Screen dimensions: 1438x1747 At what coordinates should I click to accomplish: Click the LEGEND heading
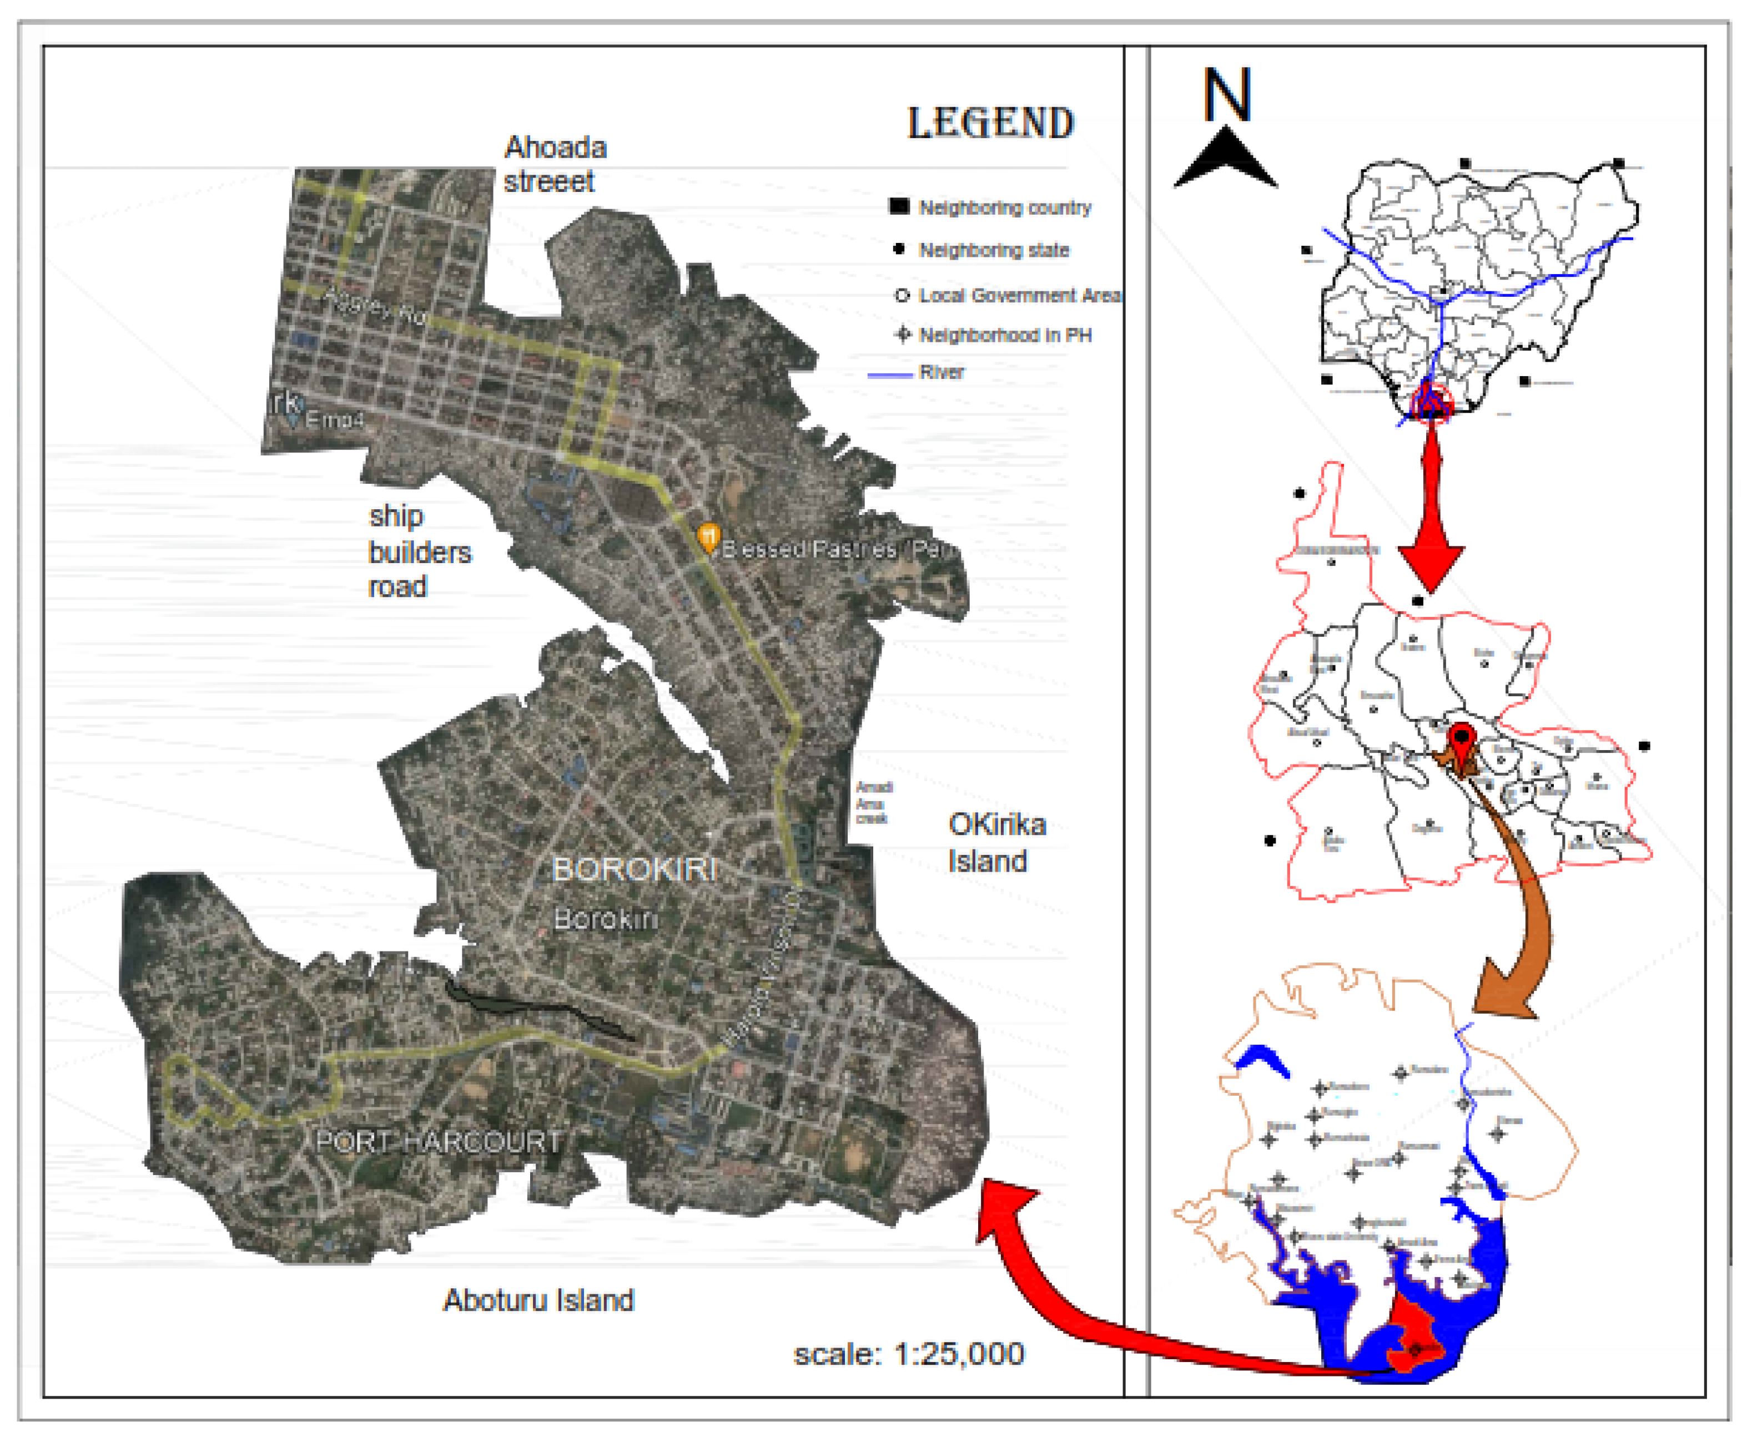(990, 123)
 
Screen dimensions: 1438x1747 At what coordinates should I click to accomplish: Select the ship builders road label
(419, 551)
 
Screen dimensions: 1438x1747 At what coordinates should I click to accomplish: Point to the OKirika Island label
(996, 842)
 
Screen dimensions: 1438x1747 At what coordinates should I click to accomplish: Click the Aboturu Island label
(538, 1300)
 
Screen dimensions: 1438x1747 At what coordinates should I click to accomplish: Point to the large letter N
(1226, 95)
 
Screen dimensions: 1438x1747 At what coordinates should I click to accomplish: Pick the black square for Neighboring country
(899, 206)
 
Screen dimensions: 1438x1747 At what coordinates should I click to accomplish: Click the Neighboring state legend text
(994, 250)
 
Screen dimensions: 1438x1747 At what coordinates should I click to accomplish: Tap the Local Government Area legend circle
(902, 296)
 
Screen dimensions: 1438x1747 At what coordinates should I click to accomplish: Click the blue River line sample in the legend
(889, 375)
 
